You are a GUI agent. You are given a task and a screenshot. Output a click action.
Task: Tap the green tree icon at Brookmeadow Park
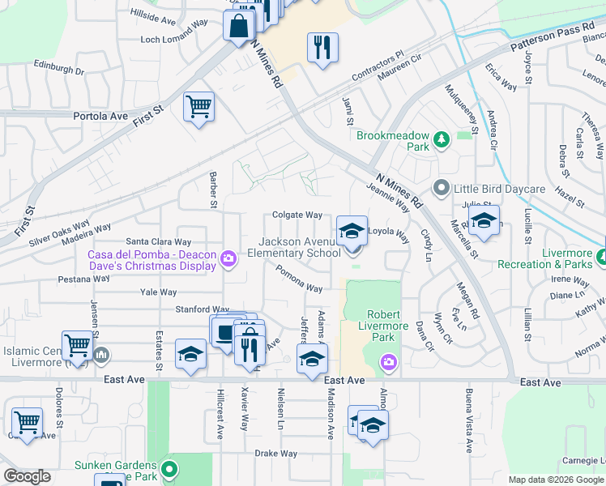point(442,141)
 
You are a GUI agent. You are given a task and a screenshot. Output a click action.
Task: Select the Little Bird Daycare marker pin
point(442,188)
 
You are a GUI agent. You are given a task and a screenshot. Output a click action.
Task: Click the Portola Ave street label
point(101,116)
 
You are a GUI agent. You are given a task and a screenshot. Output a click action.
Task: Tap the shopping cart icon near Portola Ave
point(198,105)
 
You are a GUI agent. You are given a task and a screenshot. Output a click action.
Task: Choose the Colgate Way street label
point(297,215)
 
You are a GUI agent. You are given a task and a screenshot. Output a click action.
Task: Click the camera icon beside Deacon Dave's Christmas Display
point(229,258)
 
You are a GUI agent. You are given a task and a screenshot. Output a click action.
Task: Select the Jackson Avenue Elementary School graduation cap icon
point(352,231)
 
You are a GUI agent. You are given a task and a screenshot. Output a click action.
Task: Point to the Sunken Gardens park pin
point(169,468)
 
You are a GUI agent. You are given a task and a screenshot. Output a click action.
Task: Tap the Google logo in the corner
point(27,476)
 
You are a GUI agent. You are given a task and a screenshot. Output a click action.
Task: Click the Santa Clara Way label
point(158,241)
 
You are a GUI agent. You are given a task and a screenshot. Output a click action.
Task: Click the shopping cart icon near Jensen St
point(78,345)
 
